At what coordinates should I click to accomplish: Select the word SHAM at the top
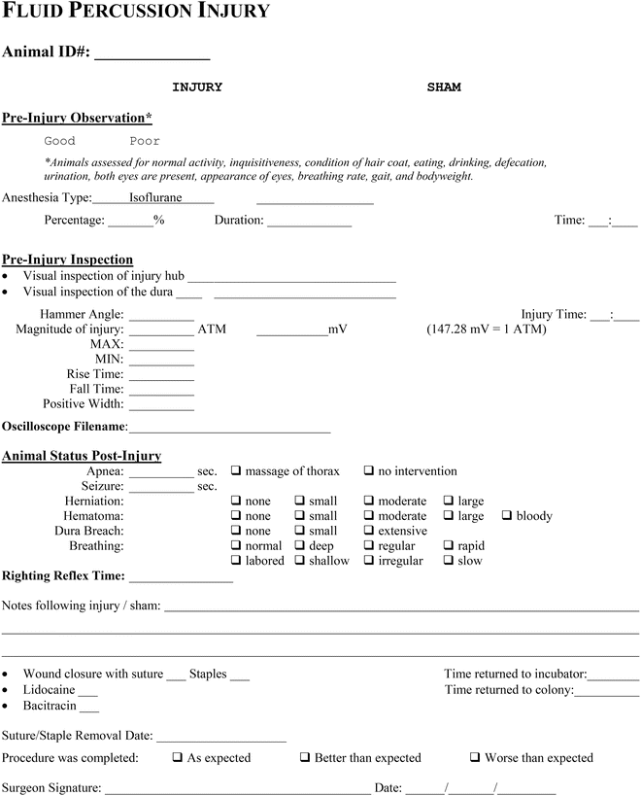click(x=444, y=87)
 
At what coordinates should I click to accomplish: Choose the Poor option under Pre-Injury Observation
click(x=145, y=142)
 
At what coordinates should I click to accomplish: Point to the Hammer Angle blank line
click(x=161, y=316)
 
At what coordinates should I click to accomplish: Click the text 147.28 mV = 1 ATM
click(x=487, y=329)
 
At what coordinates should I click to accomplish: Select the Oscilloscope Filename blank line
click(x=230, y=429)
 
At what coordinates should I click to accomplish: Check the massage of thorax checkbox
click(x=236, y=471)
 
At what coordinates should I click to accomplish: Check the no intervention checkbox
click(x=369, y=471)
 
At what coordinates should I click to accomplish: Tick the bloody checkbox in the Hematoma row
click(x=507, y=516)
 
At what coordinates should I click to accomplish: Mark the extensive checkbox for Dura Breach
click(x=369, y=532)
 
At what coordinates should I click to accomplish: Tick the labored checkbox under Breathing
click(x=236, y=561)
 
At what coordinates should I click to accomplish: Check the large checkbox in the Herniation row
click(x=450, y=502)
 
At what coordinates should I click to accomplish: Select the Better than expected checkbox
click(x=305, y=758)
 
